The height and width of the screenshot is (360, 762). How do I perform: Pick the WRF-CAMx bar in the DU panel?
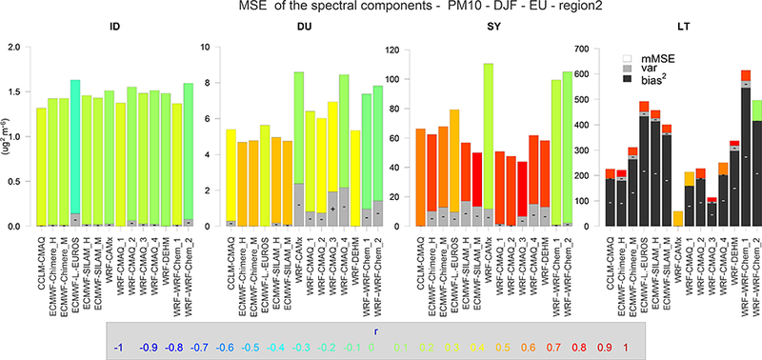coord(298,143)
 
